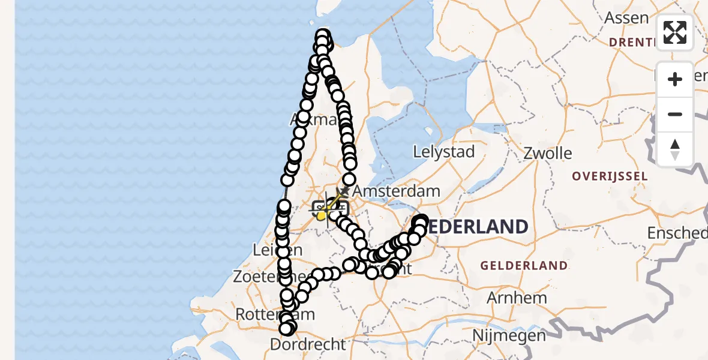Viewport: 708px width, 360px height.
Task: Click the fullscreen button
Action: click(x=675, y=32)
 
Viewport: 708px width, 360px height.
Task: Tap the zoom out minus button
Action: click(x=675, y=115)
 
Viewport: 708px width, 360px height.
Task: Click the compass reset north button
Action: click(x=675, y=149)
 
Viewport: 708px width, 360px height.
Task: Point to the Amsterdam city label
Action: click(x=396, y=192)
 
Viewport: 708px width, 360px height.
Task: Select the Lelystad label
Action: click(x=445, y=151)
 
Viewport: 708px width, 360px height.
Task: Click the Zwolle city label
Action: click(x=547, y=153)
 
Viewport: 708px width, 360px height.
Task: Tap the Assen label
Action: click(x=626, y=18)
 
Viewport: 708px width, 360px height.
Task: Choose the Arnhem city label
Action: click(x=517, y=298)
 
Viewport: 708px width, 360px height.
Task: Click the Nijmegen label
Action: click(x=509, y=335)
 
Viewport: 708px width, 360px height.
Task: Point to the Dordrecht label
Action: click(x=308, y=344)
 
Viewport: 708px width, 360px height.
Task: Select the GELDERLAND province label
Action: click(x=524, y=265)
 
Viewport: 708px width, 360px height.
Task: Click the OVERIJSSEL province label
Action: click(x=610, y=176)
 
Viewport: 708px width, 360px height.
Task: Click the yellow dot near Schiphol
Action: click(x=321, y=215)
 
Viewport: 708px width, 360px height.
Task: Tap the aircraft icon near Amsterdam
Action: click(x=344, y=190)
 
